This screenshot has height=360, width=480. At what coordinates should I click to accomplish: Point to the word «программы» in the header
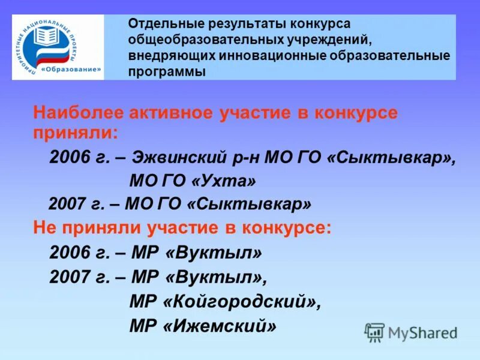pos(167,71)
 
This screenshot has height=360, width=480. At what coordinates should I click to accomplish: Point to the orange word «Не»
pos(43,228)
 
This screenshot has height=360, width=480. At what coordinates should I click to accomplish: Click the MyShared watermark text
pos(422,332)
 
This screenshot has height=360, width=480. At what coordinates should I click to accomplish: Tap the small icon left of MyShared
pos(374,332)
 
